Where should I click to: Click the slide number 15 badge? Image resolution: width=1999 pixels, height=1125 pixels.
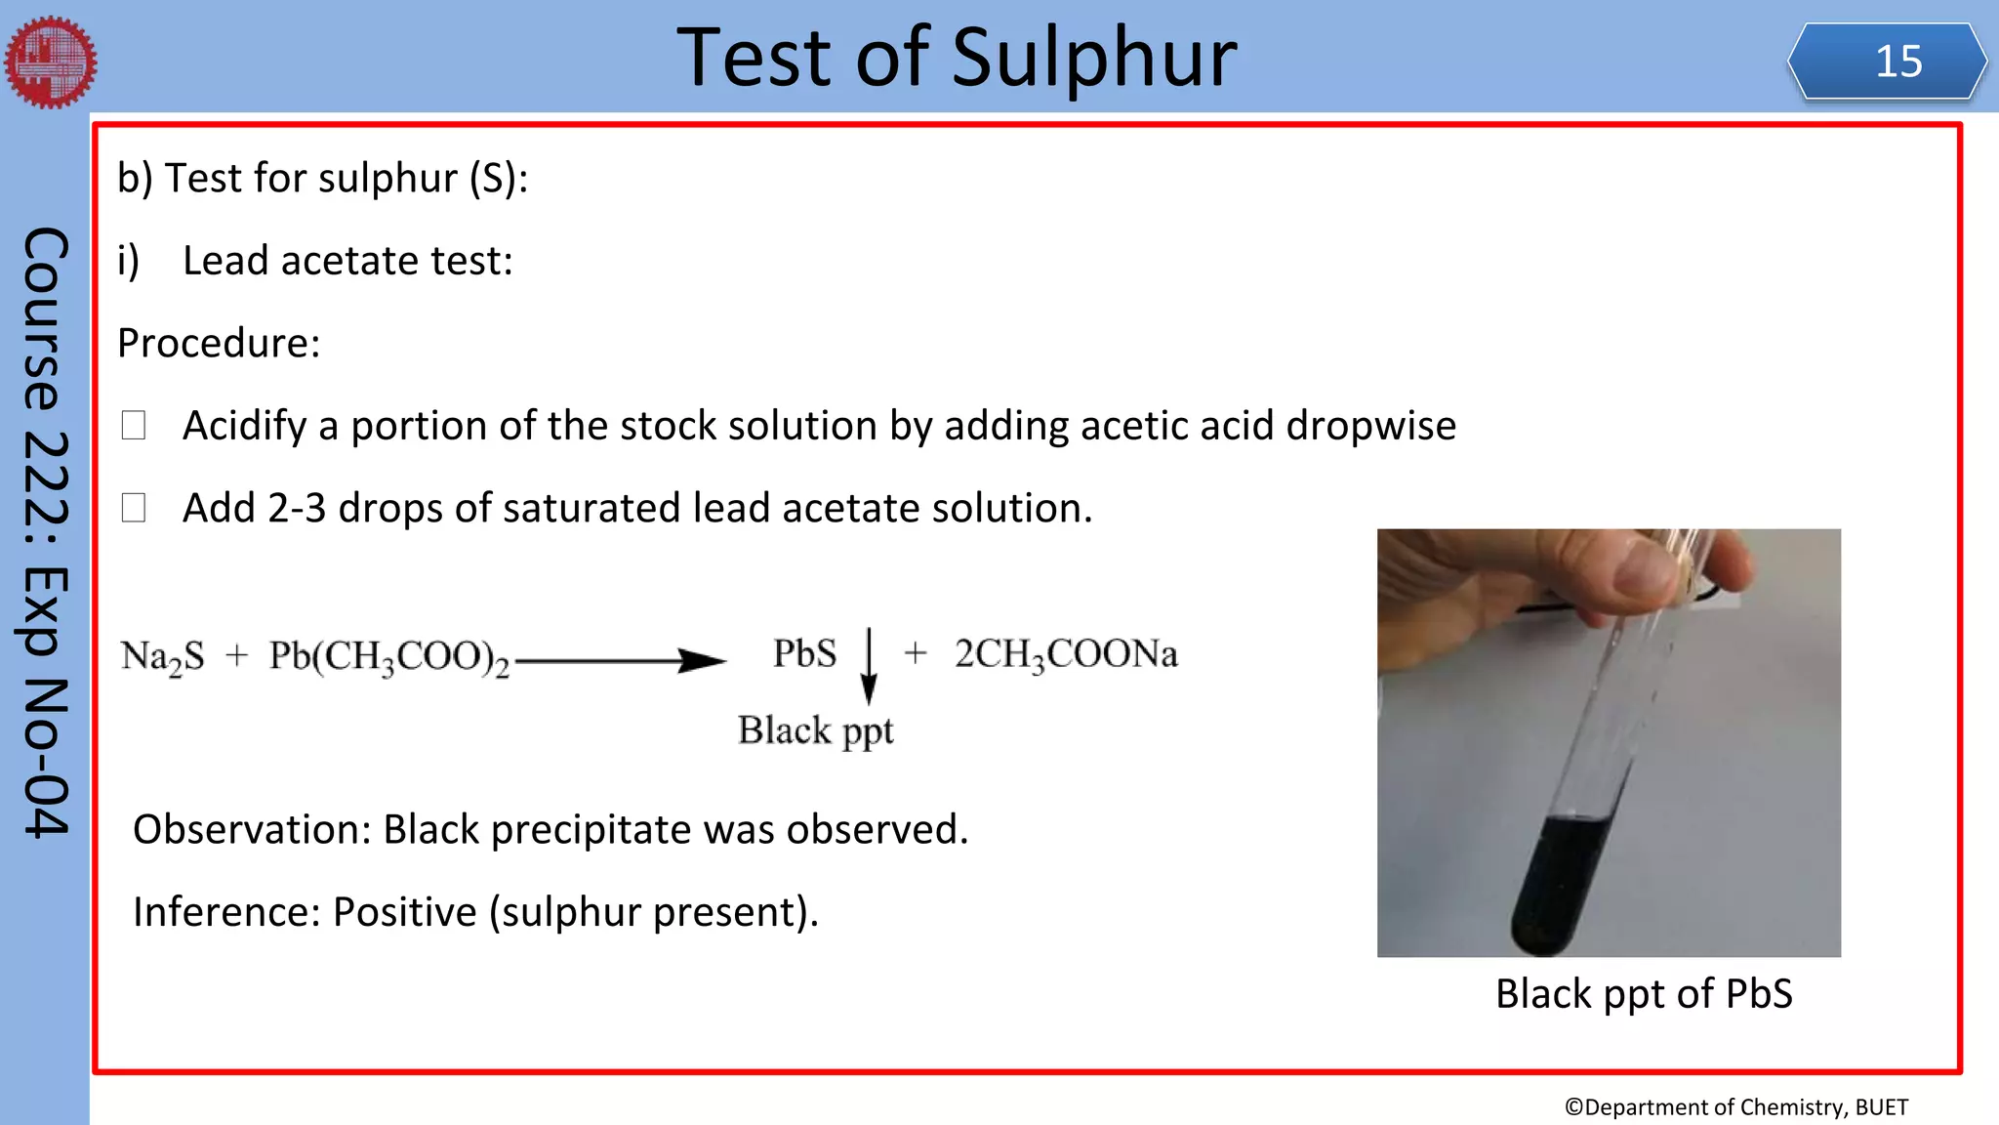pyautogui.click(x=1888, y=62)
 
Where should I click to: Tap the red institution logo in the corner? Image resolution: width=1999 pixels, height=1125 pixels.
pyautogui.click(x=51, y=62)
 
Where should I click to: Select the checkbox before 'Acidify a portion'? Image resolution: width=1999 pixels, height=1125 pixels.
pyautogui.click(x=134, y=425)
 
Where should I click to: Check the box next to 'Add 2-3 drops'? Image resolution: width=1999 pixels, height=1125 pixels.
pyautogui.click(x=134, y=507)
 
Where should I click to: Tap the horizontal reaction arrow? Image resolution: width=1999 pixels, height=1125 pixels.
pyautogui.click(x=621, y=661)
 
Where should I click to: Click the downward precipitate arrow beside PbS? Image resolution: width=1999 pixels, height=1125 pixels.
pyautogui.click(x=869, y=666)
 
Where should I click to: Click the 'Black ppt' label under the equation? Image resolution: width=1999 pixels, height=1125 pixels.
pyautogui.click(x=815, y=730)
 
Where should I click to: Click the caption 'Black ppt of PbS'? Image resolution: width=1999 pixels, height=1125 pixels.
pyautogui.click(x=1644, y=994)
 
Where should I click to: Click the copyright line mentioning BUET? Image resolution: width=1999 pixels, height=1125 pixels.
pyautogui.click(x=1735, y=1106)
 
